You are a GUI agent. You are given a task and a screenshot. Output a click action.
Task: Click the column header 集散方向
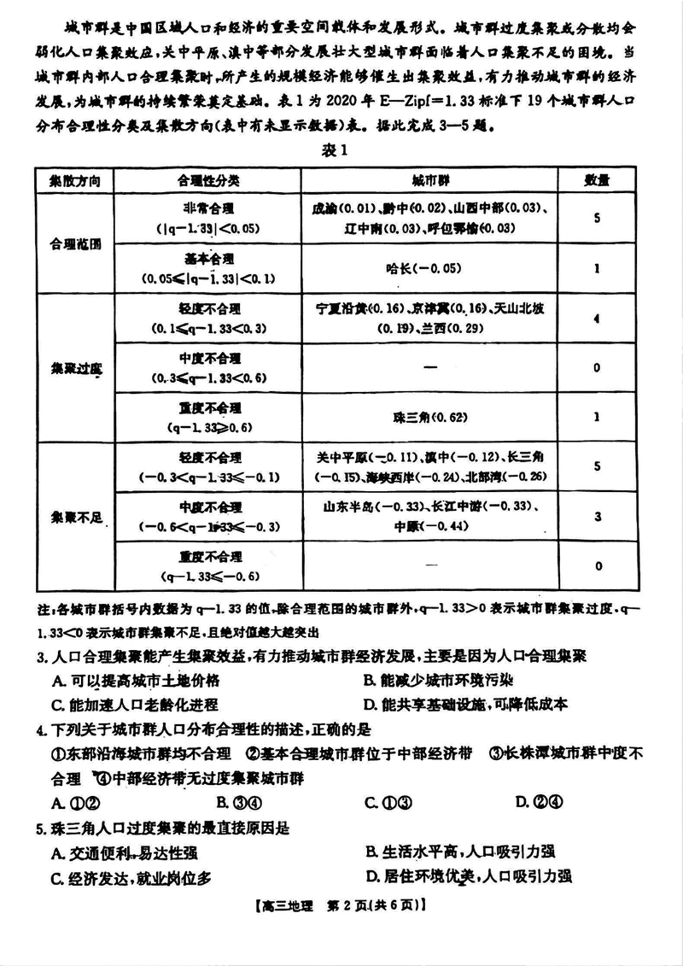pos(74,181)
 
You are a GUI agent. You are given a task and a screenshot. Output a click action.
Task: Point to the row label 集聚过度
pos(74,368)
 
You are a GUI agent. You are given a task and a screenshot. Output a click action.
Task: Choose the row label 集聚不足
pos(74,518)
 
